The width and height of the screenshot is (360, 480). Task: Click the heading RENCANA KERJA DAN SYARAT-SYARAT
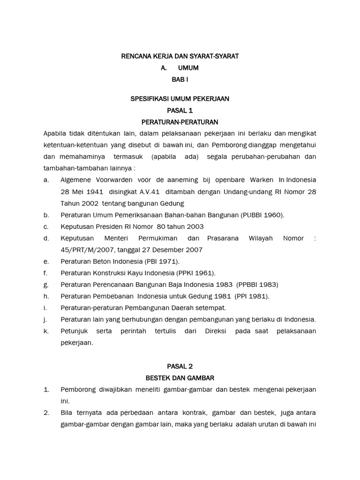(x=180, y=56)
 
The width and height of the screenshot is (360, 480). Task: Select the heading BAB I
(x=180, y=80)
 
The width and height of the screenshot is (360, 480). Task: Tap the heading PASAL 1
(x=180, y=111)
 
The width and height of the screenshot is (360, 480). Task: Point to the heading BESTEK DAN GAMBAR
(x=180, y=377)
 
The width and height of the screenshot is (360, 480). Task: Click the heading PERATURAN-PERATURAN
(x=180, y=122)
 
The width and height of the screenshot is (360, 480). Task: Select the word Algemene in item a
(x=76, y=180)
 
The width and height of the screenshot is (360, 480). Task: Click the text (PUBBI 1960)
(x=262, y=215)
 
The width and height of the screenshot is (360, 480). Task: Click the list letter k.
(x=45, y=331)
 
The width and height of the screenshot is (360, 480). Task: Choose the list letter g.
(x=45, y=285)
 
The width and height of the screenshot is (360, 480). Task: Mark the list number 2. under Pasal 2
(x=46, y=412)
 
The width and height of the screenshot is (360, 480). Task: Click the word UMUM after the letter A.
(x=188, y=68)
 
